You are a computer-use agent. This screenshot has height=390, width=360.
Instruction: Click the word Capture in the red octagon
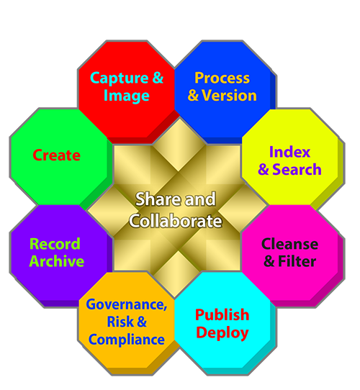(119, 79)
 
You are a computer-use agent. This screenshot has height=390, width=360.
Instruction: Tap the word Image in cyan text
(127, 96)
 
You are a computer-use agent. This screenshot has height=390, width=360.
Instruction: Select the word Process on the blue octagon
(222, 78)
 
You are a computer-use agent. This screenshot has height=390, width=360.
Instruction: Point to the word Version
(229, 96)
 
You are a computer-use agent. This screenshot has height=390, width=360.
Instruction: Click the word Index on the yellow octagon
(289, 152)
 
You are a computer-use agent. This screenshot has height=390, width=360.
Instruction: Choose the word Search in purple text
(297, 170)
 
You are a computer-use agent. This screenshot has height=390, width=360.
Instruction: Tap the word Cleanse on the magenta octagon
(289, 244)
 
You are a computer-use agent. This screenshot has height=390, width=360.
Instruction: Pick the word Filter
(297, 261)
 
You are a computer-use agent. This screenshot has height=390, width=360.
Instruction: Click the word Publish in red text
(222, 315)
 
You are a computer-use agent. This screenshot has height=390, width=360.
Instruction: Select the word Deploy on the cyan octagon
(222, 333)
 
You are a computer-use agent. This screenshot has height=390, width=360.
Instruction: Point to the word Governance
(127, 304)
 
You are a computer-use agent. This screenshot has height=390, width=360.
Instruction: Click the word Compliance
(127, 340)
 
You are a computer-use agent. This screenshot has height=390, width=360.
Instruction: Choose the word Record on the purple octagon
(55, 244)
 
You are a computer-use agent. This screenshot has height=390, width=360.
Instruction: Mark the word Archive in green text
(56, 261)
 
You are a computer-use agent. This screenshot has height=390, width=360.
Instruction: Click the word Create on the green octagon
(56, 155)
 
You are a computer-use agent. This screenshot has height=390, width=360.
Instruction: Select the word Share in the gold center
(154, 199)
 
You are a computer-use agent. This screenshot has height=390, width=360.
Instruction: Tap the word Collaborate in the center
(176, 221)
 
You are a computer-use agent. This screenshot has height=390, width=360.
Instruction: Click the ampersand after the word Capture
(158, 78)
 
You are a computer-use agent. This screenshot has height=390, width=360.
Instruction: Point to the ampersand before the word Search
(264, 170)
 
